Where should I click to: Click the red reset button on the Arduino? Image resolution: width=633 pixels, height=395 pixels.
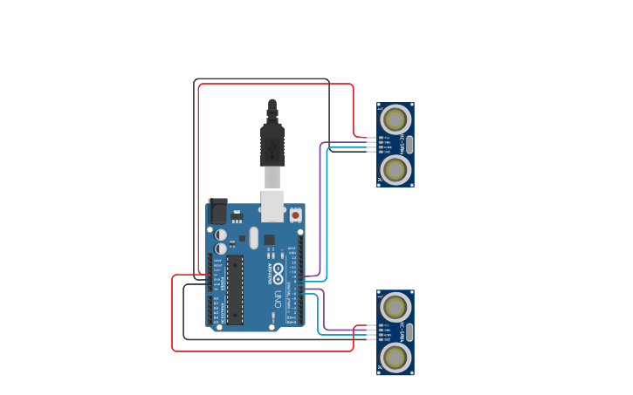(x=295, y=215)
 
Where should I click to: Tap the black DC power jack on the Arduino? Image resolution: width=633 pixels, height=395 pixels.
(x=218, y=212)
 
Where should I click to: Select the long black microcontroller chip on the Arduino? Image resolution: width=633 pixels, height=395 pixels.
(x=235, y=290)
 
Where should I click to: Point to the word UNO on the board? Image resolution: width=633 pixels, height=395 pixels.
(x=279, y=299)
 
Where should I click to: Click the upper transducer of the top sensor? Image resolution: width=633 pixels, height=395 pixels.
(x=396, y=119)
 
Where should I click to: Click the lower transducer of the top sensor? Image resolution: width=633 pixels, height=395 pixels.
(x=396, y=169)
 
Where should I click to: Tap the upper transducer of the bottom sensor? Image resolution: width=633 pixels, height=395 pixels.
(x=396, y=306)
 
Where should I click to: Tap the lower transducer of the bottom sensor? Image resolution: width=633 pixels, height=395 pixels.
(x=396, y=357)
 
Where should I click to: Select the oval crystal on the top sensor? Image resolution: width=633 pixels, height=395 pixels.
(x=409, y=144)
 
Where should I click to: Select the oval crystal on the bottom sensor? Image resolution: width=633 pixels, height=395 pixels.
(x=409, y=331)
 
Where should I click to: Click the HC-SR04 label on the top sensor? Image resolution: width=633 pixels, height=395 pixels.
(x=403, y=144)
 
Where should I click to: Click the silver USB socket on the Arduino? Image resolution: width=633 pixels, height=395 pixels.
(x=272, y=207)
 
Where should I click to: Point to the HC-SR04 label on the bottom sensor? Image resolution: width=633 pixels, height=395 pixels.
(x=403, y=331)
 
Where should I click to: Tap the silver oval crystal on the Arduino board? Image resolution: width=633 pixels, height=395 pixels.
(x=254, y=237)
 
